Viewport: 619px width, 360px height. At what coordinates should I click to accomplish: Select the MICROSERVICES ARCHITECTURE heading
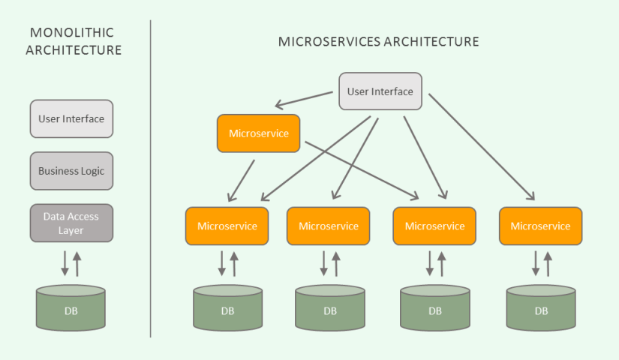pos(378,42)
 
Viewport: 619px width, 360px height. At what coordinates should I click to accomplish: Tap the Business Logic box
pos(71,171)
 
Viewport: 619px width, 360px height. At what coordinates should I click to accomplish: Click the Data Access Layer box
pos(71,223)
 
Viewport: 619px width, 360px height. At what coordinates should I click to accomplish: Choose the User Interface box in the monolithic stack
pos(71,118)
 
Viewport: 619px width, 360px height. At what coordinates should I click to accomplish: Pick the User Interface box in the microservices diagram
pos(380,91)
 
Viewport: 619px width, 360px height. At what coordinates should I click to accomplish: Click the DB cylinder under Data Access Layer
pos(71,308)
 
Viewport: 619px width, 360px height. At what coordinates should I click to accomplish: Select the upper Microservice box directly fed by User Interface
pos(258,133)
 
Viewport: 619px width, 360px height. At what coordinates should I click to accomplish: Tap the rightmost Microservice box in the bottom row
pos(540,226)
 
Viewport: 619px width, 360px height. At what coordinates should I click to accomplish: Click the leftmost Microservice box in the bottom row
pos(227,226)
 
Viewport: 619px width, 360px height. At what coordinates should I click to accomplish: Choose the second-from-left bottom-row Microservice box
pos(329,226)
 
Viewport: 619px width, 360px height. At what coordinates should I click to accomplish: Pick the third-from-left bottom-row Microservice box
pos(434,226)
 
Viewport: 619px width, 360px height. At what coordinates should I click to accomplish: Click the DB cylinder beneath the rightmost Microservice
pos(540,308)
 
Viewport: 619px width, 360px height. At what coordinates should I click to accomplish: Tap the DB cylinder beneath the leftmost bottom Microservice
pos(227,308)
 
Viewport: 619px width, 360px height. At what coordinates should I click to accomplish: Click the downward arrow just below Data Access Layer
pos(65,262)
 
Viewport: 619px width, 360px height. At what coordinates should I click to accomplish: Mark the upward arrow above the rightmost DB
pos(547,264)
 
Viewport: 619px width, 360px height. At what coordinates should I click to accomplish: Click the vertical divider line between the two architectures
pos(151,180)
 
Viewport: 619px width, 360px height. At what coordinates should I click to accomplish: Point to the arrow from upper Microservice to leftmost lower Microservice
pos(242,180)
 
